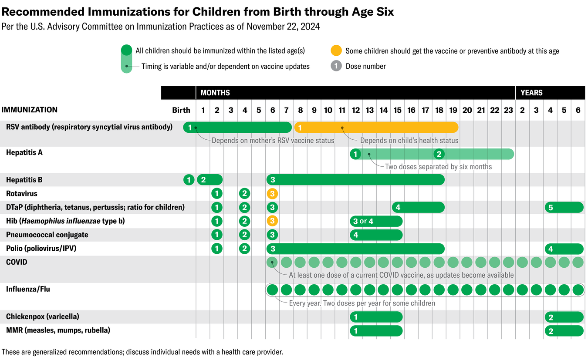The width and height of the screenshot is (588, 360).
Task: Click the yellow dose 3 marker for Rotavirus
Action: [272, 194]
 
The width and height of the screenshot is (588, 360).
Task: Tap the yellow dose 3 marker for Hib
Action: [272, 221]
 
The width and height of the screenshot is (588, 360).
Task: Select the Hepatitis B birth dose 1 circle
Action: [189, 180]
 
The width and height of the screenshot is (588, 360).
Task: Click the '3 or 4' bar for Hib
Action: [376, 221]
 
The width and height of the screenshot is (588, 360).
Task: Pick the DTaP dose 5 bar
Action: [564, 208]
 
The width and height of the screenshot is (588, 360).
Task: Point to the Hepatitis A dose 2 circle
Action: [439, 154]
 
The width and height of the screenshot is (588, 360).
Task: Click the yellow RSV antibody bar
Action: [376, 127]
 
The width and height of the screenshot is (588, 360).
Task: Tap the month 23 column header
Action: [508, 110]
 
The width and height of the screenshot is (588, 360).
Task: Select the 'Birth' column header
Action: [181, 110]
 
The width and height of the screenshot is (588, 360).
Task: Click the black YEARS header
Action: [550, 93]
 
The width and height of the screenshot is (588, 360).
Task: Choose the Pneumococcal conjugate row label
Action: [47, 235]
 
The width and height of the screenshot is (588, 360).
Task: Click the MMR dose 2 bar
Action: [564, 331]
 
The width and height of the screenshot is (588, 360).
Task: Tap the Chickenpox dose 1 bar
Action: [376, 317]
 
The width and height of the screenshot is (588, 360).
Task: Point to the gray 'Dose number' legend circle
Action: [336, 66]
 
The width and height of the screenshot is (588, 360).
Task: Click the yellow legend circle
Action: [336, 50]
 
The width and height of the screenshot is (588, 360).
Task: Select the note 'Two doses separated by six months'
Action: [438, 166]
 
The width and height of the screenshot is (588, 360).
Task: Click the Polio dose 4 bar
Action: [564, 249]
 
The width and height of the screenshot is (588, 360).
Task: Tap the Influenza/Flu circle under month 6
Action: [272, 289]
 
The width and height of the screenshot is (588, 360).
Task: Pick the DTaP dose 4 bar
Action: [418, 208]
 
